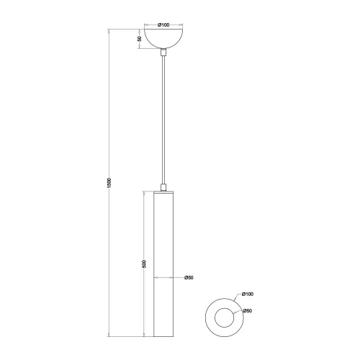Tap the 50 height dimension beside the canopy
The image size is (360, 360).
coord(140,40)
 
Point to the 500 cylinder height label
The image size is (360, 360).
coord(145,264)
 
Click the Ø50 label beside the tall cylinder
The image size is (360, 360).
coord(189,277)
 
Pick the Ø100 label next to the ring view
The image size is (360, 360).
coord(248,294)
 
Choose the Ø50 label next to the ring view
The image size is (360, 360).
coord(248,310)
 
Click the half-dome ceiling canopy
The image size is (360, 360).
coord(164,37)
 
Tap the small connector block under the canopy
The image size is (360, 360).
coord(164,53)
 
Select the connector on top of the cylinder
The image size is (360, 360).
coord(164,188)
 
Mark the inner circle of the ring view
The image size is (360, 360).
coord(223,317)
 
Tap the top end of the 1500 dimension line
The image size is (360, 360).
coord(108,30)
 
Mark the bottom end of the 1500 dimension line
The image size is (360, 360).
coord(108,336)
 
